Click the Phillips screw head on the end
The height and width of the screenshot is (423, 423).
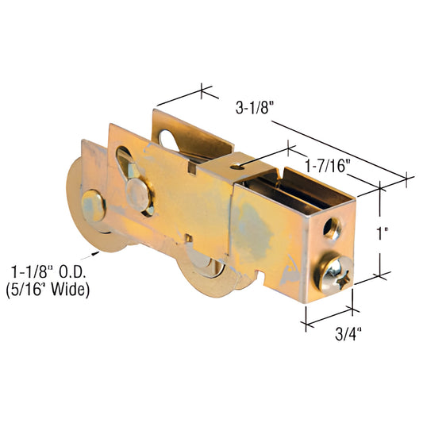coord(335,275)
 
